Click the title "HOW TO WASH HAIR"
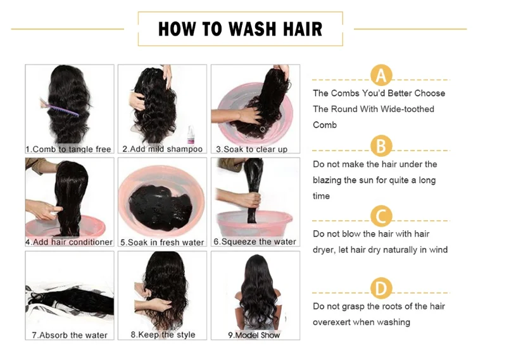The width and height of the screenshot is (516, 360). (240, 28)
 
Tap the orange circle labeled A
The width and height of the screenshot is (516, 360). (381, 75)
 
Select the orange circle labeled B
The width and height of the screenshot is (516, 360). (381, 146)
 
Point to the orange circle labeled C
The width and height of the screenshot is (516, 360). (381, 216)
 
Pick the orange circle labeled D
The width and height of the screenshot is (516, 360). (381, 289)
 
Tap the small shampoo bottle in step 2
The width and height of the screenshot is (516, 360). (191, 135)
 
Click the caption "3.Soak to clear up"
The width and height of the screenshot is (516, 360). (252, 149)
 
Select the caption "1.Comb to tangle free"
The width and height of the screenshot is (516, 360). (68, 149)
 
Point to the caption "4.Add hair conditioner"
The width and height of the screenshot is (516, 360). (69, 242)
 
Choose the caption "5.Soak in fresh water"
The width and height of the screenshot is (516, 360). (162, 242)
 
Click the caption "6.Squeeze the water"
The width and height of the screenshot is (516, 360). (255, 242)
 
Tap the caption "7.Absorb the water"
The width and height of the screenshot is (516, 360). (70, 335)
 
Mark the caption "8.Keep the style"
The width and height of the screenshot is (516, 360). (163, 335)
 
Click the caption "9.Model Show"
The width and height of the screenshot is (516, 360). (254, 335)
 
